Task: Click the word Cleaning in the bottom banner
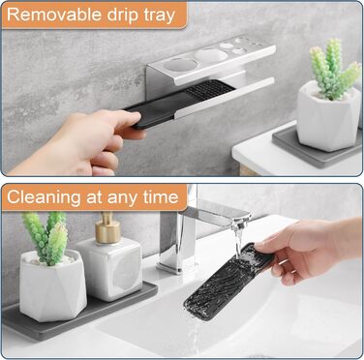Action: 44,197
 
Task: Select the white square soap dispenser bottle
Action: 109,268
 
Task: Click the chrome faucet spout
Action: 214,215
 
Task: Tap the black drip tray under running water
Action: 227,282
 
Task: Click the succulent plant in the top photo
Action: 334,69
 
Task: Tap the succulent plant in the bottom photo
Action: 45,237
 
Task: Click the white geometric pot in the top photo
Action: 328,117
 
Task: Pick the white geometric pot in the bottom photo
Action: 52,285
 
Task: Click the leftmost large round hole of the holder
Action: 180,65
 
